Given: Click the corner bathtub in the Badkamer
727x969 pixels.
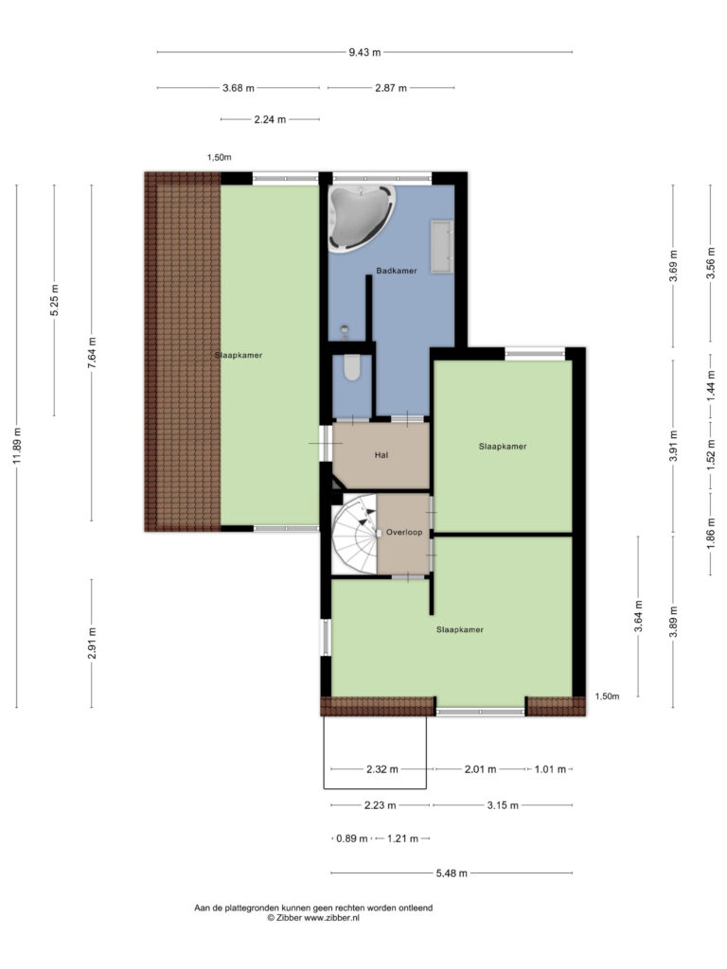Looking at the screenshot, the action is click(x=361, y=218).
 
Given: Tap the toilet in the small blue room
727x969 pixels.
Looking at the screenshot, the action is click(x=352, y=368).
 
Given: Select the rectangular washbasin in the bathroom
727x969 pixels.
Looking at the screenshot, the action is click(x=442, y=245).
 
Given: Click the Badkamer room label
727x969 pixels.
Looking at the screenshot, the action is click(x=397, y=271).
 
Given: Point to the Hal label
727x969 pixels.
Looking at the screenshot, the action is click(x=381, y=455).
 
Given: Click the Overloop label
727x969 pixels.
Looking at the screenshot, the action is click(x=404, y=532).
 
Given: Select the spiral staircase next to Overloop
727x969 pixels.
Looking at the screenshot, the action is click(x=355, y=534).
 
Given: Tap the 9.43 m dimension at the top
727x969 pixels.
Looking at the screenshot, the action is click(x=364, y=53).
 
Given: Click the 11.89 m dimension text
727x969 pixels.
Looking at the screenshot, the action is click(x=17, y=446).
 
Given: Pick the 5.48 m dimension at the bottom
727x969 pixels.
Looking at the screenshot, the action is click(x=452, y=873).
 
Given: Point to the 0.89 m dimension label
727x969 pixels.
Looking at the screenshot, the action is click(x=352, y=838).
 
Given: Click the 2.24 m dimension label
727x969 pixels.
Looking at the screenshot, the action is click(x=270, y=119).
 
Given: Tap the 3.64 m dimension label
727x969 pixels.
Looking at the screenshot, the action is click(x=639, y=616).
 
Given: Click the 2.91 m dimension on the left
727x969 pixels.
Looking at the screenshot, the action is click(x=92, y=643).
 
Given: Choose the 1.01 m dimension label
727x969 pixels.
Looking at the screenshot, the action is click(x=550, y=769).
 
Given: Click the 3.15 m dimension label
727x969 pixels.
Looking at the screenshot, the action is click(x=503, y=805).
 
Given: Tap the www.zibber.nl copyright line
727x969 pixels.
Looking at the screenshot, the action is click(x=313, y=918).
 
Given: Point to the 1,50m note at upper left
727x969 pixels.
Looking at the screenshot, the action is click(x=220, y=158).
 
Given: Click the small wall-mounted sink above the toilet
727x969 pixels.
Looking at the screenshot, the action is click(x=345, y=330).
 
